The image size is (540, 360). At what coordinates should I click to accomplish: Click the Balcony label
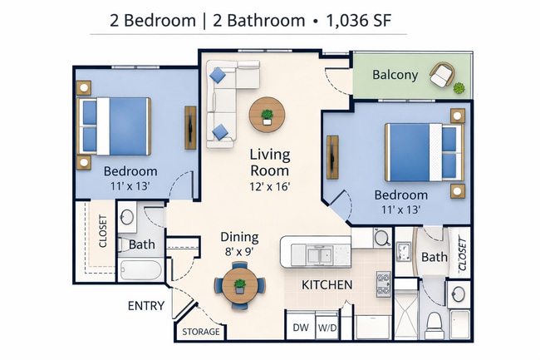(395, 75)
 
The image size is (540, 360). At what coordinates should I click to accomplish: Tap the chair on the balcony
(441, 76)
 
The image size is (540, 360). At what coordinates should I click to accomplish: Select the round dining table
(239, 284)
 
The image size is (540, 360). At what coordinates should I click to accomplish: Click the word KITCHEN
(326, 285)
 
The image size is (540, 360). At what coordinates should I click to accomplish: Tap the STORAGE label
(201, 332)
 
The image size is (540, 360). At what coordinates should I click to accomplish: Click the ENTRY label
(145, 306)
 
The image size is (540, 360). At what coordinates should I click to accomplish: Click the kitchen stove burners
(384, 285)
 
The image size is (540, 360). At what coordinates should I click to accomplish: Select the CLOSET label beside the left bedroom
(104, 233)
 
